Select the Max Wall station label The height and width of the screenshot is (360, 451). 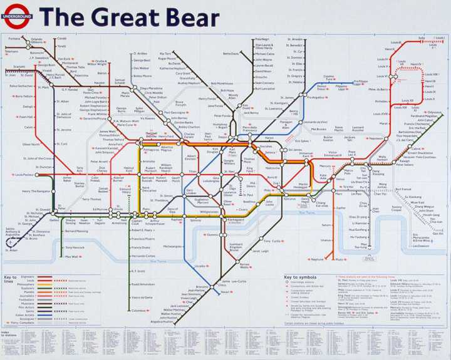click(72, 257)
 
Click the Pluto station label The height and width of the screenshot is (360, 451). click(340, 259)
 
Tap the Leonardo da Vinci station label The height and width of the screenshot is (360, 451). click(311, 121)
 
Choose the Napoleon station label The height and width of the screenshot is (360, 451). click(376, 138)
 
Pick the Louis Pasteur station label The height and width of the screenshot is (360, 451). click(24, 175)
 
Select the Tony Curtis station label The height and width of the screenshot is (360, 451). click(272, 241)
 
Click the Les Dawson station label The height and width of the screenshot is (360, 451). click(421, 246)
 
